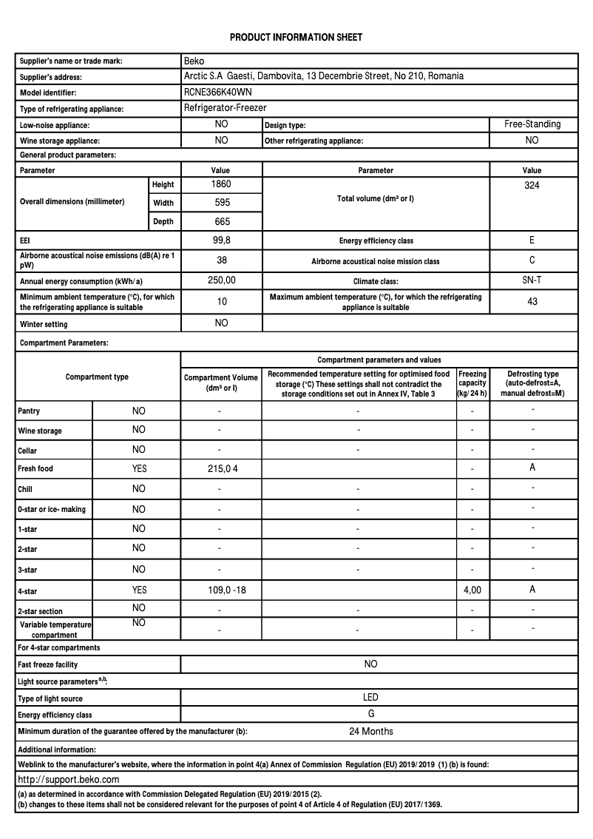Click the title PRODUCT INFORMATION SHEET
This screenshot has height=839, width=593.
(296, 37)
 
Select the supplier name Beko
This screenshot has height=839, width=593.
(194, 61)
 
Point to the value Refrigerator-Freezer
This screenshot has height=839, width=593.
(225, 108)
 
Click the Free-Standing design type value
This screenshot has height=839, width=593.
(532, 124)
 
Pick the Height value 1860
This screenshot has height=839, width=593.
(221, 184)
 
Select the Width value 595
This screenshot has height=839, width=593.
(222, 202)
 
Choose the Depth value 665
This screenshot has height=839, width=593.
(222, 221)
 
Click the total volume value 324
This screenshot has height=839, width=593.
(532, 186)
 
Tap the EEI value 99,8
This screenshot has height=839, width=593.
(221, 240)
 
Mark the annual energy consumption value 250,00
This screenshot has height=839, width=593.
(221, 280)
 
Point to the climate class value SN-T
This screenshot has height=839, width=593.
(532, 280)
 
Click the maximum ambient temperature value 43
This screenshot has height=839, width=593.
(532, 301)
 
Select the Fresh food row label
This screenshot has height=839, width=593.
(35, 469)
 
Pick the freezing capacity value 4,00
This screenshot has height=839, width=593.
(472, 590)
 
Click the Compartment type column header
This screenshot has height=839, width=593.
(97, 377)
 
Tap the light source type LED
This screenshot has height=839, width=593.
(370, 698)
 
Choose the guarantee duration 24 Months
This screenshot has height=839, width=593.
(370, 732)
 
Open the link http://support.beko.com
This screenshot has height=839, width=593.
(68, 780)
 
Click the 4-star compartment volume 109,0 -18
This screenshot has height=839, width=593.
(221, 590)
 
